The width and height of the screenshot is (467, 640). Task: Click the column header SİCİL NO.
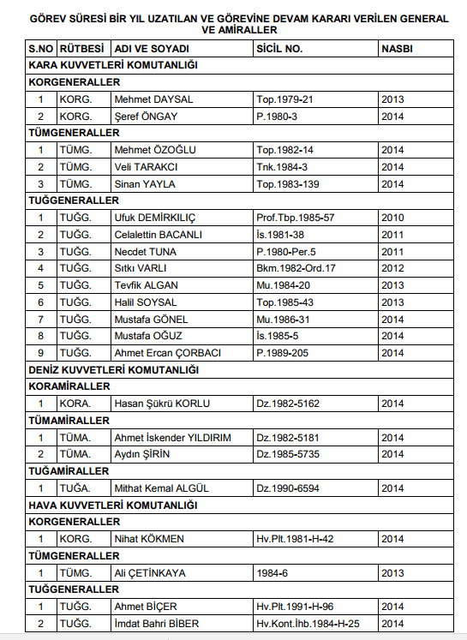(x=279, y=49)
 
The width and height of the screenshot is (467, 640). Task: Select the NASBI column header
(x=398, y=49)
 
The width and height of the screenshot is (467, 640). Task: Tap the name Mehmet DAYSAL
(x=153, y=99)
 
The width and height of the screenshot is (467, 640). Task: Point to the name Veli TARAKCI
(x=147, y=166)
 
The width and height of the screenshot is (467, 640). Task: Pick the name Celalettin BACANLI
(x=159, y=234)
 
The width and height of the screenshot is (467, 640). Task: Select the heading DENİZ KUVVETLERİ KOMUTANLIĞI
(x=114, y=369)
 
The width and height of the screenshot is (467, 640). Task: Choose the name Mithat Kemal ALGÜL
(x=162, y=488)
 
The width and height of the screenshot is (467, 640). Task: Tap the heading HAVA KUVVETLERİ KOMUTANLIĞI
(x=113, y=505)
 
